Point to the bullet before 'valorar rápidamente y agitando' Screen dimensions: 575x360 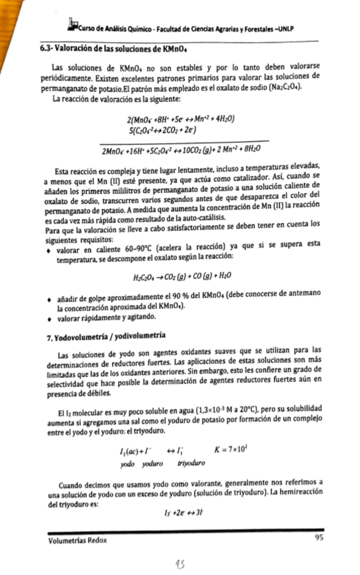45,319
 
